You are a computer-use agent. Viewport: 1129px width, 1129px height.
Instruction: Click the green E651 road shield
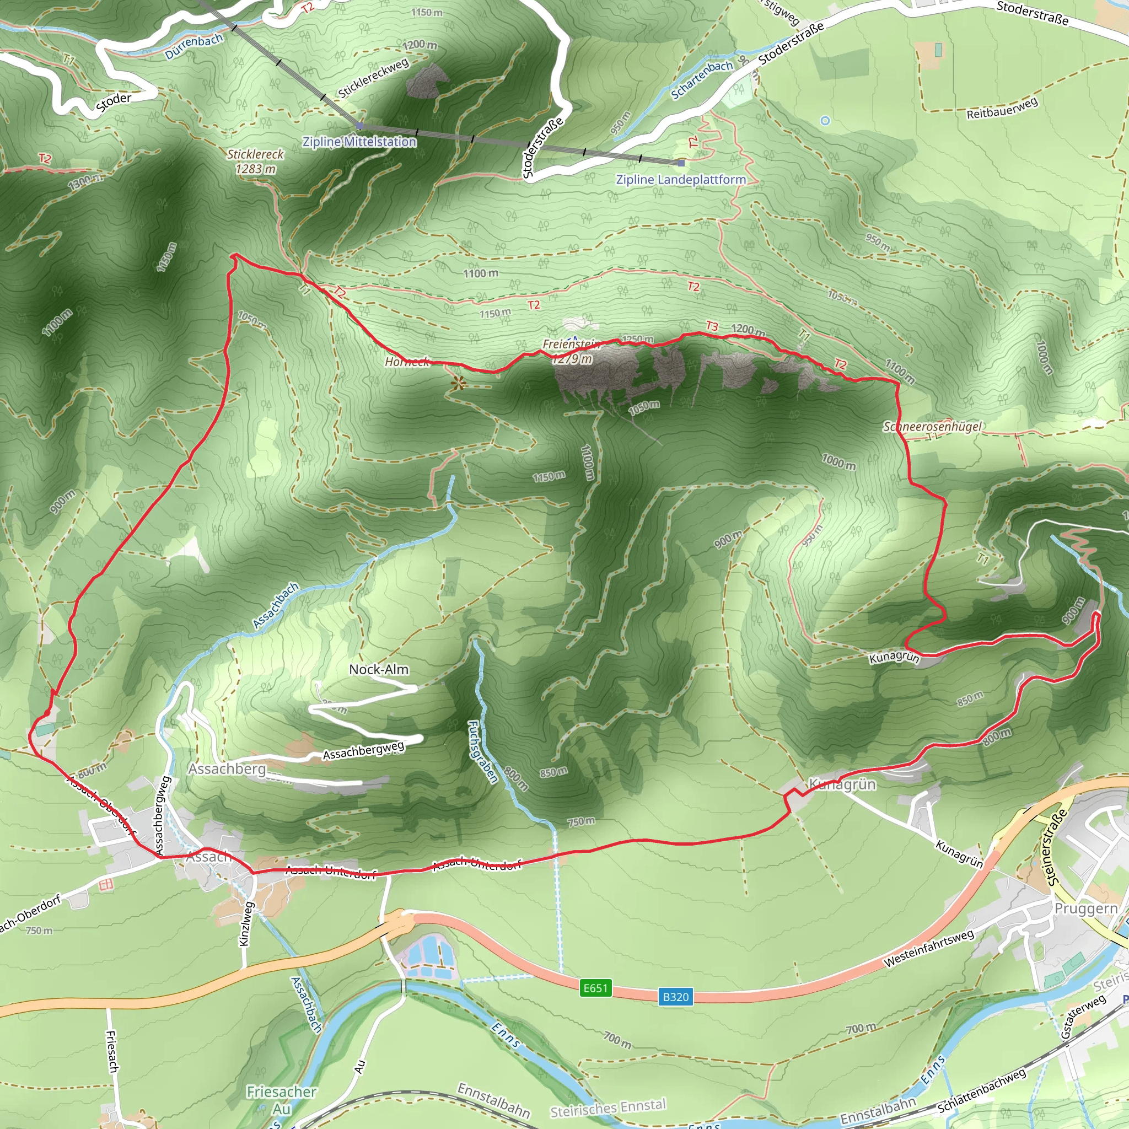coord(595,988)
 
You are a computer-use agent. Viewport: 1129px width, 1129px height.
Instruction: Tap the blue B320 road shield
coord(675,997)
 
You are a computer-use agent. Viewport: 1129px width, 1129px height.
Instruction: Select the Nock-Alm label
coord(379,670)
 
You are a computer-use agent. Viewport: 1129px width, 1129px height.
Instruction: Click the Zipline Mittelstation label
coord(359,142)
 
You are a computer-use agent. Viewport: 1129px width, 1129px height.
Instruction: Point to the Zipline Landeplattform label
coord(681,179)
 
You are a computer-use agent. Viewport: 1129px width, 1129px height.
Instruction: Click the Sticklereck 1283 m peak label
coord(255,162)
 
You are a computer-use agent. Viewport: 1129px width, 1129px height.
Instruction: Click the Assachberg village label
coord(227,769)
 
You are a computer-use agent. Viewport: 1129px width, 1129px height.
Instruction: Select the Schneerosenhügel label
coord(933,427)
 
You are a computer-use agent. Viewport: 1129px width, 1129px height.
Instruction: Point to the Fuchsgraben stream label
coord(483,752)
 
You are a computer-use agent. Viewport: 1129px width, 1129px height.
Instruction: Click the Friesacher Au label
coord(281,1100)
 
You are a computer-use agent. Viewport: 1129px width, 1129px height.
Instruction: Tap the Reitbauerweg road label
coord(1002,108)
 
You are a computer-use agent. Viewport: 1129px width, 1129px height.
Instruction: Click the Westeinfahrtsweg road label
coord(928,948)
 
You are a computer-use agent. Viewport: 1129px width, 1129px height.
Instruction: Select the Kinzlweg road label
coord(246,923)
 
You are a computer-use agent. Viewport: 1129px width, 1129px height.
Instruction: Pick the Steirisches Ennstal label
coord(607,1108)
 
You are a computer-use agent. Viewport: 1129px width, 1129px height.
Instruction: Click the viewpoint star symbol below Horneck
coord(459,383)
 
